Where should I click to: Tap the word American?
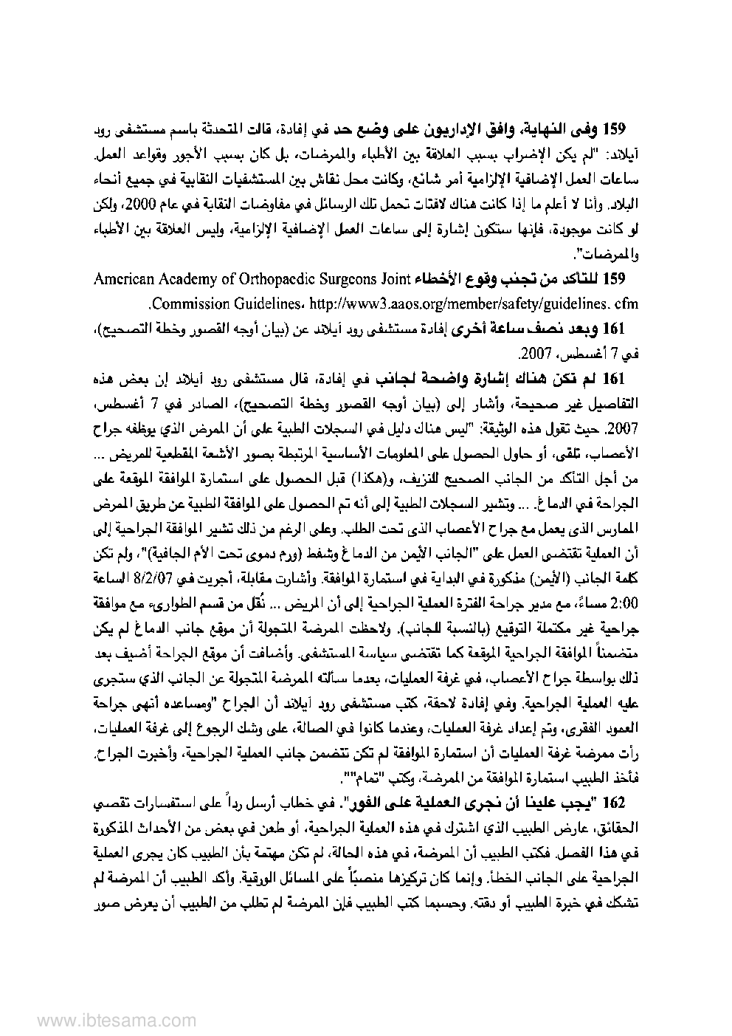[122, 279]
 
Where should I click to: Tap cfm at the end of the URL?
[626, 303]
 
